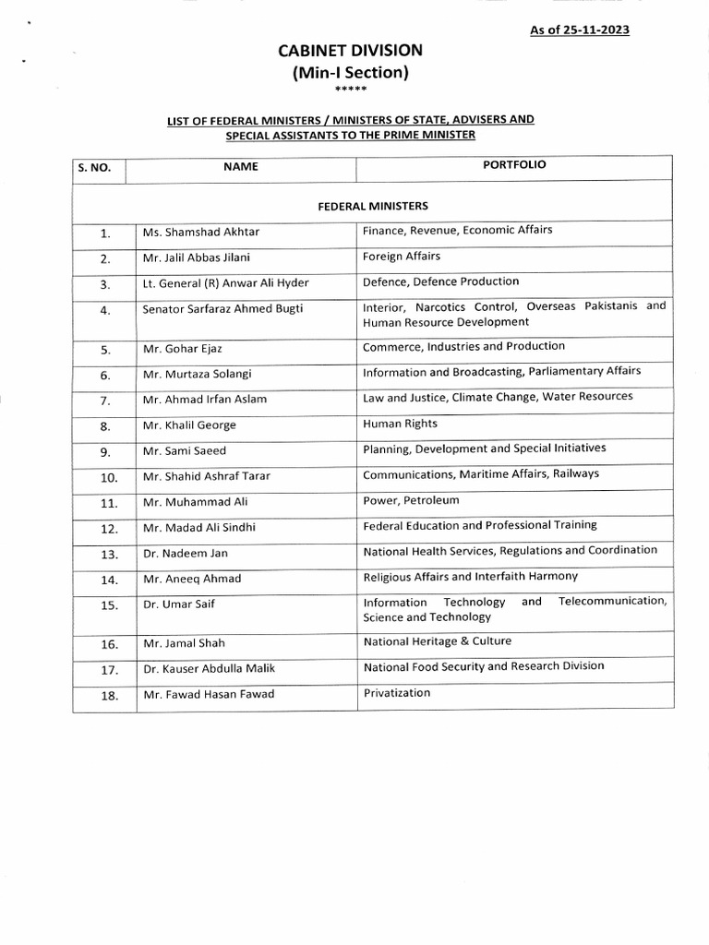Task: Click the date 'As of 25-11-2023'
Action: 580,30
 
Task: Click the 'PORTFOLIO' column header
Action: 514,165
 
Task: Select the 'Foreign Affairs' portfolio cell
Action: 402,257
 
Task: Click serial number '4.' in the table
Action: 105,311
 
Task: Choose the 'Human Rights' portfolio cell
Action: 401,425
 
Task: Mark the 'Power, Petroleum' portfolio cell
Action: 411,500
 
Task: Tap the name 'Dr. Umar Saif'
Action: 174,604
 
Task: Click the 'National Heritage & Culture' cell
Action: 438,640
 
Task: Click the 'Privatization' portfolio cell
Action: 397,692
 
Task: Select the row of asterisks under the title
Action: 354,90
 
